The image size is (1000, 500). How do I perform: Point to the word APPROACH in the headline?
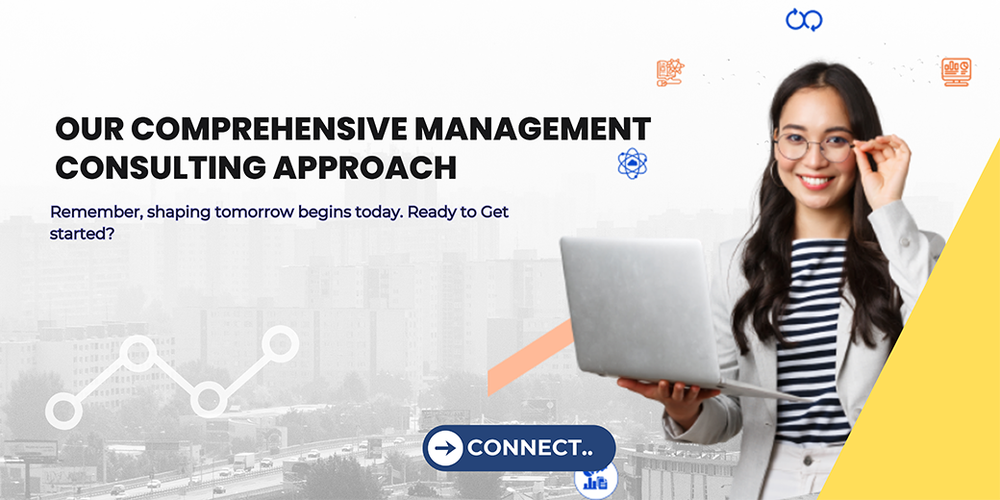[364, 167]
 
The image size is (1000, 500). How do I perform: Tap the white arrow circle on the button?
[445, 447]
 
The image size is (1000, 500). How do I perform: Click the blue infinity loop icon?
[804, 19]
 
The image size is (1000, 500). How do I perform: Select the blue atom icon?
[633, 163]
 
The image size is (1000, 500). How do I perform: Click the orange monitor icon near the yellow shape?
[956, 72]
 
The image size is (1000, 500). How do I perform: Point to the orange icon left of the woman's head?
[670, 73]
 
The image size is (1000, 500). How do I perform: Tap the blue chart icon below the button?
[596, 480]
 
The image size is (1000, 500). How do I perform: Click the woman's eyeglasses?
[813, 147]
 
